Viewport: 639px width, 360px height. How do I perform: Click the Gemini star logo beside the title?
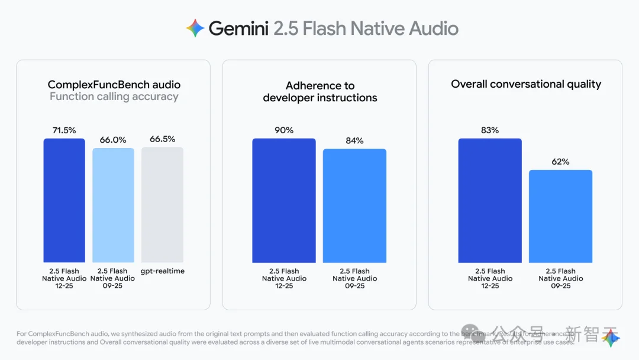point(195,28)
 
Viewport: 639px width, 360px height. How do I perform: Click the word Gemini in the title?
point(238,28)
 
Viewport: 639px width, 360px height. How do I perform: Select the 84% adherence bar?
point(354,205)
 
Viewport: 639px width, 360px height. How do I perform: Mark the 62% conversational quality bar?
point(560,216)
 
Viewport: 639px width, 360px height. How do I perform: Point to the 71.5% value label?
point(64,130)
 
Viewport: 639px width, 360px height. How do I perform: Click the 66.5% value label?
point(162,139)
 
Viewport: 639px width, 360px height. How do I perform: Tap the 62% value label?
point(560,162)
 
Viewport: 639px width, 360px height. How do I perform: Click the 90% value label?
point(284,130)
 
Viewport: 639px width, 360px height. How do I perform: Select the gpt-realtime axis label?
point(162,271)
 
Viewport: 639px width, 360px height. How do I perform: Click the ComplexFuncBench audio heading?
point(114,85)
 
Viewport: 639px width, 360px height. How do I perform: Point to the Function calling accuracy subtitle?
point(114,97)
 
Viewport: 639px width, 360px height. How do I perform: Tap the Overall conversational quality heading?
point(526,84)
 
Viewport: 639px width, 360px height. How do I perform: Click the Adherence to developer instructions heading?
point(320,92)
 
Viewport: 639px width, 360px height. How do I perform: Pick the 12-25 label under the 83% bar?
point(490,286)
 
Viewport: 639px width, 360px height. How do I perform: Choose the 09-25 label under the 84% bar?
point(354,286)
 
